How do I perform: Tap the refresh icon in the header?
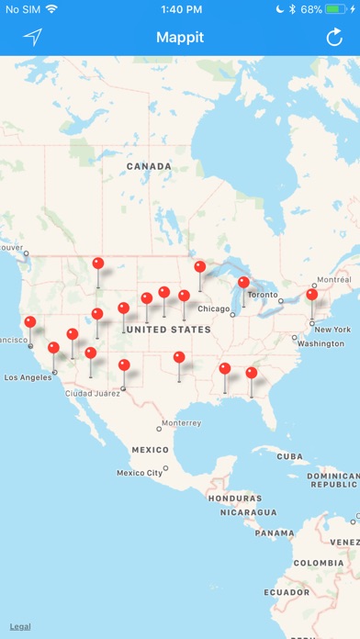tap(334, 38)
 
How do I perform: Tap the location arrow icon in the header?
tap(33, 38)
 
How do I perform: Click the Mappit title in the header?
tap(179, 38)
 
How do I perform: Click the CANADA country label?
tap(149, 166)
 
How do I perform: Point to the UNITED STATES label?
tap(168, 329)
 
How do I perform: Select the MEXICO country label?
tap(150, 450)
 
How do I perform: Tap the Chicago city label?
tap(214, 308)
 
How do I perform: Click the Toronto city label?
tap(263, 295)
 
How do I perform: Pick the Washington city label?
tap(321, 343)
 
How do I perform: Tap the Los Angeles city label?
tap(30, 377)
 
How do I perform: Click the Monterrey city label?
tap(180, 424)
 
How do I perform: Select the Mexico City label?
tap(140, 472)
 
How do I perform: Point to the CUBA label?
tap(290, 456)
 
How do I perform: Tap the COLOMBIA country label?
tap(318, 563)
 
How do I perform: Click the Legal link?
tap(20, 626)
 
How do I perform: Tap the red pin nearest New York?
tap(312, 295)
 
